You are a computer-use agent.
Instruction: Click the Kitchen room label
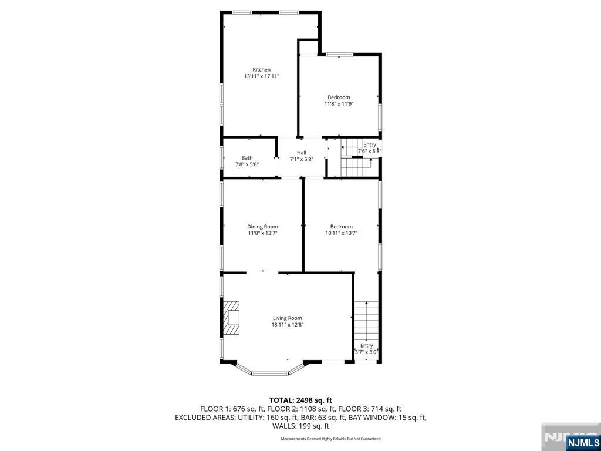click(x=262, y=69)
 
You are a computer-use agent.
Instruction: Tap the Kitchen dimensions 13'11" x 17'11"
click(x=262, y=76)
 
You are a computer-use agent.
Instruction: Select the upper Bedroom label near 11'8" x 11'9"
click(x=339, y=97)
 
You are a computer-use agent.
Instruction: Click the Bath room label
click(x=247, y=157)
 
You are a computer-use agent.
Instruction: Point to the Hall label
click(x=301, y=153)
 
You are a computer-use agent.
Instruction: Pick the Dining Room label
click(x=262, y=226)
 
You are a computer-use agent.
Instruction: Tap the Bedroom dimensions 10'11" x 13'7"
click(x=341, y=233)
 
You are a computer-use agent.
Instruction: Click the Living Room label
click(x=287, y=318)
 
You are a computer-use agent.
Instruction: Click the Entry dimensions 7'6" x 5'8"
click(x=370, y=151)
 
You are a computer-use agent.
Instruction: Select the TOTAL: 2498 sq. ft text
click(x=300, y=400)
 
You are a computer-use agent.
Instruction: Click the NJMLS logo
click(x=583, y=442)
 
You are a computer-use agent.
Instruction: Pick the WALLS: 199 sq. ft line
click(x=300, y=426)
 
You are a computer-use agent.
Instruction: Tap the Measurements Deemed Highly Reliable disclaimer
click(x=331, y=439)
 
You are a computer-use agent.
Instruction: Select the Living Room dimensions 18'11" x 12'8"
click(x=287, y=325)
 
